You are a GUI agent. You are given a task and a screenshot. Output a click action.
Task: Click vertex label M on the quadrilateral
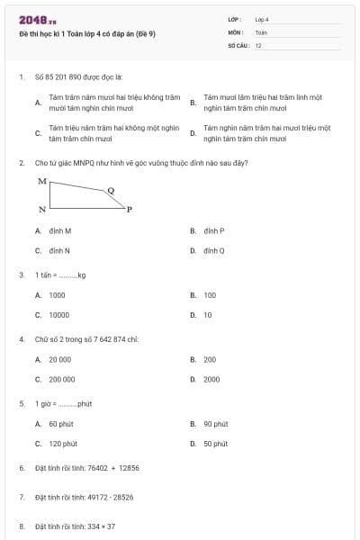coord(42,181)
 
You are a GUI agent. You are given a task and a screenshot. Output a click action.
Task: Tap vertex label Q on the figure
coord(111,190)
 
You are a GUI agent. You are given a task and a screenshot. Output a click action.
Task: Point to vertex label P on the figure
coord(129,210)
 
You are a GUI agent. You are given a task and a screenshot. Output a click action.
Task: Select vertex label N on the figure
coord(42,210)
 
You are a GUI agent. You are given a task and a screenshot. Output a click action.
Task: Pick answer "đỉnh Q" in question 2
coord(213,250)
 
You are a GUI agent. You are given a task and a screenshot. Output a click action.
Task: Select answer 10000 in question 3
coord(58,315)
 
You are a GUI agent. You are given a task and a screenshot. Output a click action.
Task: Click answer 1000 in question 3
coord(57,295)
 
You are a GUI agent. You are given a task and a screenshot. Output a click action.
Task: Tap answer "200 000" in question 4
coord(62,379)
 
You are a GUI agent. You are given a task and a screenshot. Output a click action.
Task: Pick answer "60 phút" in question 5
coord(61,424)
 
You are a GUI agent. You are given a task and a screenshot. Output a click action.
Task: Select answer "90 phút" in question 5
coord(215,424)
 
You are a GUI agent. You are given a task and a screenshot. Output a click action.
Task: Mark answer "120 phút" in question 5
coord(63,444)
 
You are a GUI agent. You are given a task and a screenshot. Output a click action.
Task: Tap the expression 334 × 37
coord(98,526)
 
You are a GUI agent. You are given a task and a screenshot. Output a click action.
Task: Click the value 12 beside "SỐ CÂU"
coord(258,45)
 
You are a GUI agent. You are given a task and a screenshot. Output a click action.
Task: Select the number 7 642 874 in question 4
coord(104,339)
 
